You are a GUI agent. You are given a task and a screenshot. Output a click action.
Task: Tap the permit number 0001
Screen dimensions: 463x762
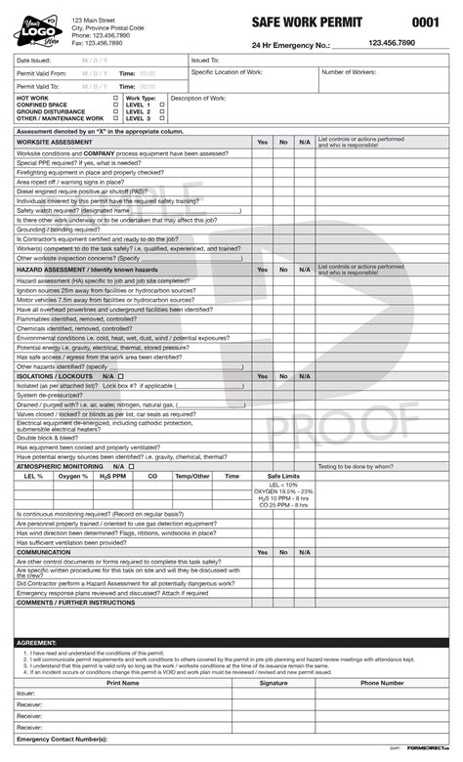tap(425, 21)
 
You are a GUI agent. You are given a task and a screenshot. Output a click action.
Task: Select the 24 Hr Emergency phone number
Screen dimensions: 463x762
tap(393, 44)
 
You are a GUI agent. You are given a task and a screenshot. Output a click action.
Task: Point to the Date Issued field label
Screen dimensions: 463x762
tap(35, 61)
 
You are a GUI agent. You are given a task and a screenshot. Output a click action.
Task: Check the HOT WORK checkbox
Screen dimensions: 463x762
tap(115, 99)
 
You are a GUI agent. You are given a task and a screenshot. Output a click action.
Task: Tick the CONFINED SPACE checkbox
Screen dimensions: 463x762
tap(115, 106)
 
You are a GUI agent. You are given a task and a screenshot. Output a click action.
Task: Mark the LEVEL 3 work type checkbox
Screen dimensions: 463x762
tap(161, 118)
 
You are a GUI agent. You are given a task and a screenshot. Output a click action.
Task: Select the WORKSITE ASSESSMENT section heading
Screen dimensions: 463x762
tap(55, 142)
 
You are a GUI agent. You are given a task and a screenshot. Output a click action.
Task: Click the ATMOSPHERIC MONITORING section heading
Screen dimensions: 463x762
tap(61, 467)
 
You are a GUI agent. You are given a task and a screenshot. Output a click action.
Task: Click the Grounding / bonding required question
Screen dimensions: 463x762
tap(62, 229)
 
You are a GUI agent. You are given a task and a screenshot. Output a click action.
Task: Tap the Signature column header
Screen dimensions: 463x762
tap(274, 683)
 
